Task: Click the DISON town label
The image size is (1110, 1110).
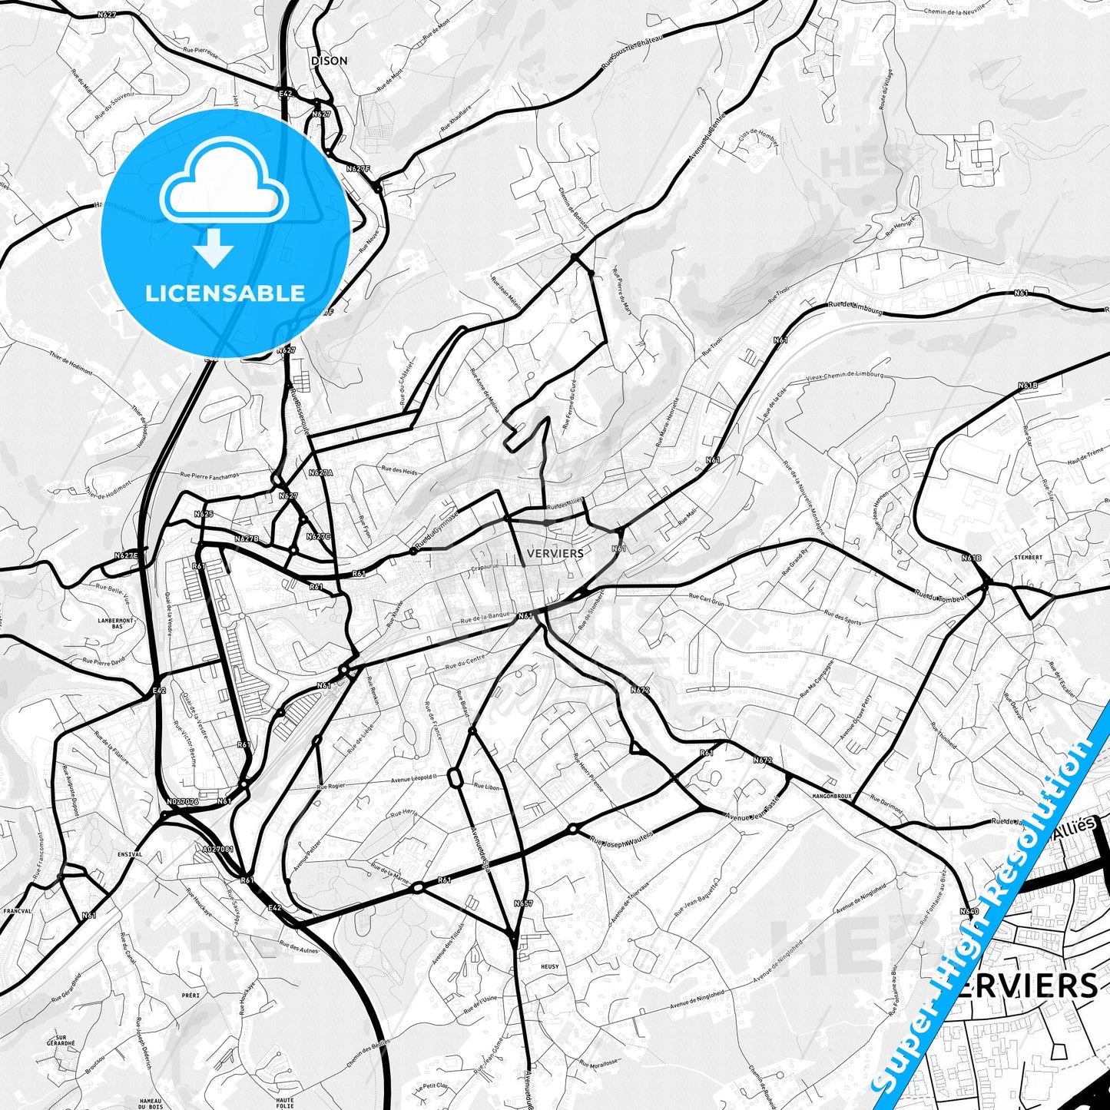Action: point(329,61)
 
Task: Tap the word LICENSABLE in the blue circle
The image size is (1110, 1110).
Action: point(225,293)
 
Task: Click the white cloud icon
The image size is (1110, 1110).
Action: point(224,184)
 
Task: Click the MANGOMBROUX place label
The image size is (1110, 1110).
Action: point(832,797)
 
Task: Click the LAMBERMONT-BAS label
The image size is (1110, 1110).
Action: point(116,623)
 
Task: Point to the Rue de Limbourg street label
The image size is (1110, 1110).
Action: point(855,308)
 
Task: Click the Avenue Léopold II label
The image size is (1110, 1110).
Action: point(415,778)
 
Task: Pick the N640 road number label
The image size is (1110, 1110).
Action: point(969,911)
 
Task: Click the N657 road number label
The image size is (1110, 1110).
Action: point(523,903)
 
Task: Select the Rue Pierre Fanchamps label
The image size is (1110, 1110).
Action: point(210,475)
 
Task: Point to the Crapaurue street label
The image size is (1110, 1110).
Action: point(485,569)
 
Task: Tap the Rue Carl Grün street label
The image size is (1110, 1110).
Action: point(706,599)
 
